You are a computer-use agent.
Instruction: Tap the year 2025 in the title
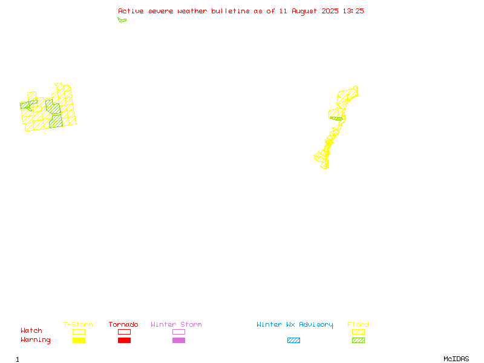(x=330, y=11)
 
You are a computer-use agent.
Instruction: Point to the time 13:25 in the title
(x=353, y=11)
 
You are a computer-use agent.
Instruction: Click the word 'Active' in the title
(x=131, y=11)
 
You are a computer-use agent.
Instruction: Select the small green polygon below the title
(x=122, y=20)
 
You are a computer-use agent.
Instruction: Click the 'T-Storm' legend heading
(x=78, y=324)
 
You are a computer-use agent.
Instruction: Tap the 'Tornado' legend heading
(x=123, y=324)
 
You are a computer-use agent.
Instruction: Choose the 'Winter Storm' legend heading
(x=176, y=324)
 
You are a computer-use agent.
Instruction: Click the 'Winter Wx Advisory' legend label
(x=295, y=325)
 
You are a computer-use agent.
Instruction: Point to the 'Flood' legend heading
(x=358, y=324)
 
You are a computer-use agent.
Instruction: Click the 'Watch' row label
(x=31, y=330)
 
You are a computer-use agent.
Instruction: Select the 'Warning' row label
(x=36, y=340)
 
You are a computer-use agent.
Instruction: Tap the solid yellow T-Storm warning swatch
(x=79, y=341)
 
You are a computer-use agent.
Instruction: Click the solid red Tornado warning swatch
(x=125, y=341)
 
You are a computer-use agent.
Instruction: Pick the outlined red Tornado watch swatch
(x=125, y=332)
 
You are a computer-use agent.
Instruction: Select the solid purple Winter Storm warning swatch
(x=178, y=341)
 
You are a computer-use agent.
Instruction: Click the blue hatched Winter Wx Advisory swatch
(x=293, y=341)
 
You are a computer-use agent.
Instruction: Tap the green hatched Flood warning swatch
(x=358, y=341)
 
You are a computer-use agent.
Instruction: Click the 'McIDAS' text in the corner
(x=456, y=359)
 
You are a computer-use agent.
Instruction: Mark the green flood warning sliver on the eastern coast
(x=336, y=119)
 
